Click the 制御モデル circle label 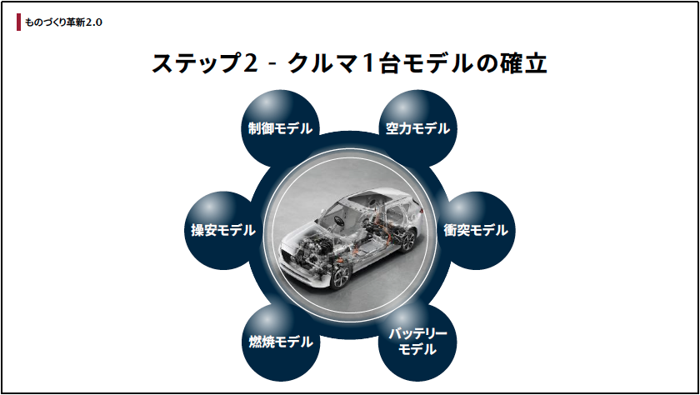click(280, 128)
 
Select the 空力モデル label click(417, 128)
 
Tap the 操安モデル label click(223, 230)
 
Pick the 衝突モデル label click(476, 230)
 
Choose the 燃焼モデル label click(281, 342)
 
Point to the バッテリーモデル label click(417, 342)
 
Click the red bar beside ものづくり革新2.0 click(18, 22)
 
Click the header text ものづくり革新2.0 click(63, 22)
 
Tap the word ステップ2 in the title click(205, 63)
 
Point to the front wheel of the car click(339, 277)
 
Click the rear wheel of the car click(407, 241)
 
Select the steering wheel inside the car click(339, 220)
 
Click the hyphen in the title click(272, 64)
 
